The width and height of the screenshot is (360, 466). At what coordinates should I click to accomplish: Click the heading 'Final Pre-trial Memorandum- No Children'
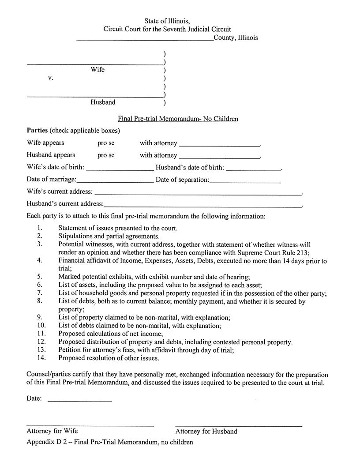point(178,119)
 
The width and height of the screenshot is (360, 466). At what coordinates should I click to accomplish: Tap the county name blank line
point(145,39)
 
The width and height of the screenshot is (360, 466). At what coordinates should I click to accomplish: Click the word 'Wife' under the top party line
point(97,70)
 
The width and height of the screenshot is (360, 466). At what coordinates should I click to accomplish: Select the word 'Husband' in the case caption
point(103,102)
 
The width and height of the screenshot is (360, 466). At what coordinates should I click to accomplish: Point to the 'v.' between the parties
point(51,78)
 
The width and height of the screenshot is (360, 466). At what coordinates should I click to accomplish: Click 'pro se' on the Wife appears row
point(106,143)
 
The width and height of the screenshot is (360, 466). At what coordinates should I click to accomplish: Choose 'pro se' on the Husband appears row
point(106,155)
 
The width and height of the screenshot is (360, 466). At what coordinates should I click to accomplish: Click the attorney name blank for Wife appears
point(220,145)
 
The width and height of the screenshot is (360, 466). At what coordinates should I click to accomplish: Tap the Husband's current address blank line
point(203,206)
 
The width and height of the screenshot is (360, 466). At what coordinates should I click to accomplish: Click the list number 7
point(40,293)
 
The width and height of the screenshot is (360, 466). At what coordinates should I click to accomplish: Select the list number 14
point(41,358)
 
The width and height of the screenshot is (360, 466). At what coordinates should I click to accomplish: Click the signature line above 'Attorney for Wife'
point(90,426)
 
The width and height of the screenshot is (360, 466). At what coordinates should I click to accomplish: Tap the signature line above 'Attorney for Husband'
point(239,426)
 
